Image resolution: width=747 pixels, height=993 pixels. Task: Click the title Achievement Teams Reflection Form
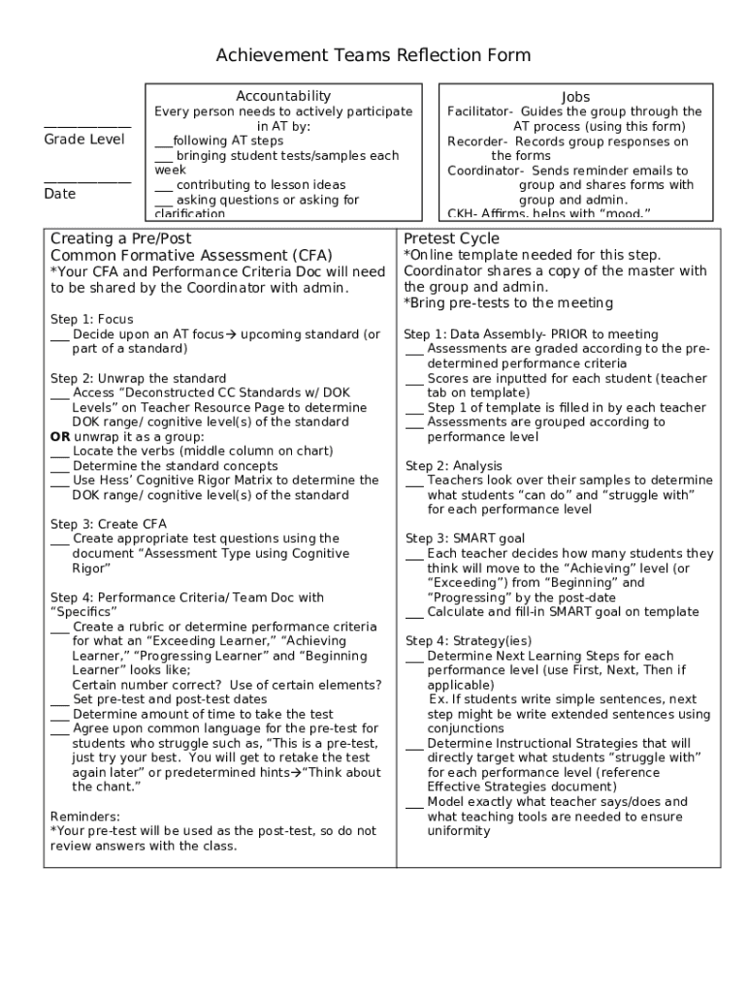373,55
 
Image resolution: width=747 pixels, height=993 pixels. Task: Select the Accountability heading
283,96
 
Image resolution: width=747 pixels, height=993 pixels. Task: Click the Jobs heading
575,97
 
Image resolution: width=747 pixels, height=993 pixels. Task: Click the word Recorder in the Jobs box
472,142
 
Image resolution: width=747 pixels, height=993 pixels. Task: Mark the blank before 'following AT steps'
163,142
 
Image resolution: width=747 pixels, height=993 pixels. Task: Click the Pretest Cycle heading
451,239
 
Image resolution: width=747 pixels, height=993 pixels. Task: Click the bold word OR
60,436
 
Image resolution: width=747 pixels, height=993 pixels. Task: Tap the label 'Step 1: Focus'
92,319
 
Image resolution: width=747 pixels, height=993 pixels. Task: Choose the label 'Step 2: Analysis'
454,465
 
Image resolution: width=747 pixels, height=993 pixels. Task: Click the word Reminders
84,817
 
